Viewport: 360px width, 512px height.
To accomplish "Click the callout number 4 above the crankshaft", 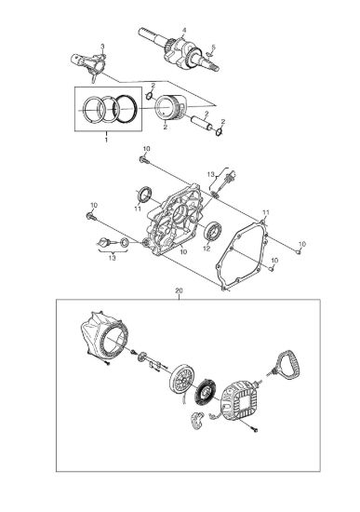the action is (x=184, y=30).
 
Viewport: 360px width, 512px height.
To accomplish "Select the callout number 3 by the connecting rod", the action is (x=102, y=46).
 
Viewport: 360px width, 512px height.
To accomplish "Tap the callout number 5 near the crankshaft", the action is (x=213, y=47).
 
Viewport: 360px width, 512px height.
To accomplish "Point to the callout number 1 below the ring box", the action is (x=106, y=140).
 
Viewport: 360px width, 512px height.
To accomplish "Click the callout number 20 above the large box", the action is (x=179, y=290).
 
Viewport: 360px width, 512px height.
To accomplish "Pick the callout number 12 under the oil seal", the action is (x=207, y=249).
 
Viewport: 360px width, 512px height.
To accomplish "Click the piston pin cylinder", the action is (x=201, y=123).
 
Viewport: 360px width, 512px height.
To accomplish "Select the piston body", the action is (x=170, y=108).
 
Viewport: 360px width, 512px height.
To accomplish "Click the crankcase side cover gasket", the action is (x=242, y=255).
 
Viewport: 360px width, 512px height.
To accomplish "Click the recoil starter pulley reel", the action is (x=182, y=379).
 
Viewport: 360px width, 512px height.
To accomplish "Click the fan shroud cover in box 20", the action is (x=104, y=337).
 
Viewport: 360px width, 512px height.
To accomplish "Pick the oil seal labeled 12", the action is (x=213, y=231).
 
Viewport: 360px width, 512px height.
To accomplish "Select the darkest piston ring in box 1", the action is (x=126, y=109).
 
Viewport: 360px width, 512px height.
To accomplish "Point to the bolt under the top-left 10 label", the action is (x=143, y=160).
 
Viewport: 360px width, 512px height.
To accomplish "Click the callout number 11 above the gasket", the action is (x=266, y=212).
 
